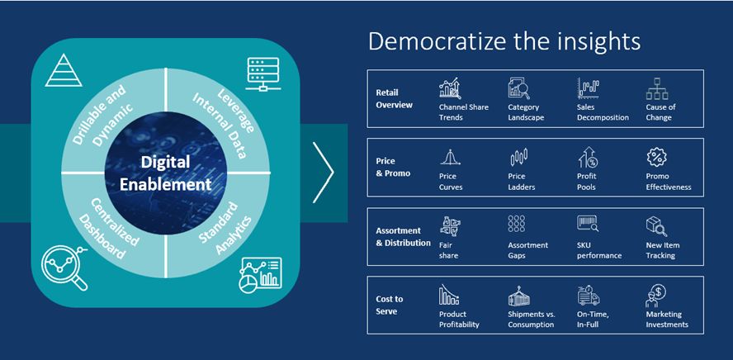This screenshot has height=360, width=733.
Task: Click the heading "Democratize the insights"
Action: [x=504, y=41]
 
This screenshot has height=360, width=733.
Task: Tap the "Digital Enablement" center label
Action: [x=165, y=173]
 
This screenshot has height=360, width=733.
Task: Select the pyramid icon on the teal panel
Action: [x=64, y=70]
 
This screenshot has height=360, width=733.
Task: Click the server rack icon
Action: [x=262, y=73]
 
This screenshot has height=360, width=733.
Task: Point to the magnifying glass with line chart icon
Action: [x=64, y=268]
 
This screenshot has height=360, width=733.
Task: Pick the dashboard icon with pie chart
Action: [x=260, y=275]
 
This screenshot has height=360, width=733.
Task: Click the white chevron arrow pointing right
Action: [x=324, y=173]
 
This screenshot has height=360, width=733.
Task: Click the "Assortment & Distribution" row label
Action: [x=403, y=237]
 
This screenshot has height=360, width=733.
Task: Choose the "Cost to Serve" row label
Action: [x=390, y=305]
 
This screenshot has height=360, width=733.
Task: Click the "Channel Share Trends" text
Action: [x=464, y=112]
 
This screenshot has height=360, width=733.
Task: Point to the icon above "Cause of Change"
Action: [x=656, y=89]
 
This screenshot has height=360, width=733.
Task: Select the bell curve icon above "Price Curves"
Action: [x=450, y=158]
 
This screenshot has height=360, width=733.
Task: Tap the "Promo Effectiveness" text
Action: [x=669, y=182]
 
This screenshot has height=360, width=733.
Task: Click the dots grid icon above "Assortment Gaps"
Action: [x=517, y=224]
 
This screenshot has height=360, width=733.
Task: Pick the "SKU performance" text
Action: [x=599, y=250]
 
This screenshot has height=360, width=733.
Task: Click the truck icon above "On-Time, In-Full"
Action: [x=588, y=296]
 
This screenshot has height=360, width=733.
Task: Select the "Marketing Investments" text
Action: [x=667, y=320]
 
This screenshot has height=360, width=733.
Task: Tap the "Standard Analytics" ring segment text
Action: [x=225, y=229]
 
